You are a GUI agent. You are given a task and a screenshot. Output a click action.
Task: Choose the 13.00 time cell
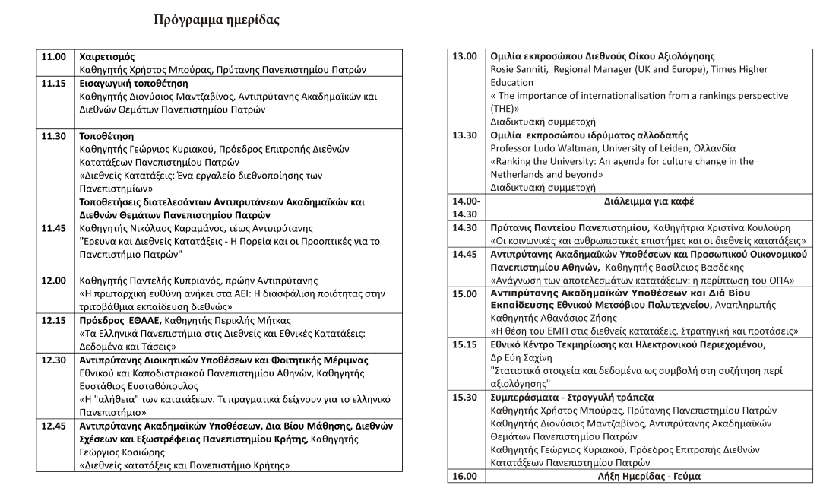tap(464, 56)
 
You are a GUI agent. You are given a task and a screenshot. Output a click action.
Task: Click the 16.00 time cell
tap(464, 476)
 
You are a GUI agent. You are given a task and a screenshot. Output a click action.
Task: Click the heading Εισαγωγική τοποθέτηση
tap(134, 82)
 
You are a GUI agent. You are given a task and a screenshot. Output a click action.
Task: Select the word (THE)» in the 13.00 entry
tap(508, 108)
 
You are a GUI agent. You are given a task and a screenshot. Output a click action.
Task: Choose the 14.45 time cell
tap(464, 254)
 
